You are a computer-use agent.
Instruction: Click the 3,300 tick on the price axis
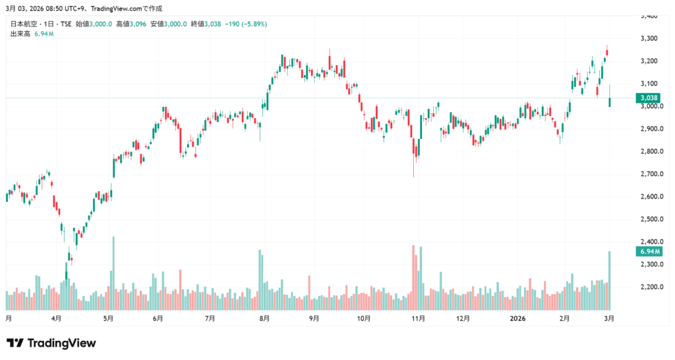click(x=650, y=38)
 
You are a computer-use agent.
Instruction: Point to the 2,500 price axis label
click(x=650, y=219)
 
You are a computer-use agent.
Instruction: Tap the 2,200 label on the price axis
click(x=650, y=287)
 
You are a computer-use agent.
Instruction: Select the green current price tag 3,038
click(x=649, y=98)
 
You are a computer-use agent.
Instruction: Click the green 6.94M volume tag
click(x=649, y=252)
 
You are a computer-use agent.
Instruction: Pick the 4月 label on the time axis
click(x=56, y=318)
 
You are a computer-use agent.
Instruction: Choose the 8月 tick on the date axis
click(x=264, y=318)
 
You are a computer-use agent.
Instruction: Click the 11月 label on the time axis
click(x=417, y=318)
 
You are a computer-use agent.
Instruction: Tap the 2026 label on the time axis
click(x=518, y=318)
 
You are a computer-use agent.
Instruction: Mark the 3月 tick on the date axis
click(x=610, y=318)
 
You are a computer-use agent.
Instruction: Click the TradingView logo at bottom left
click(x=51, y=343)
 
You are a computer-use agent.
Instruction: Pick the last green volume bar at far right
click(x=610, y=280)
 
